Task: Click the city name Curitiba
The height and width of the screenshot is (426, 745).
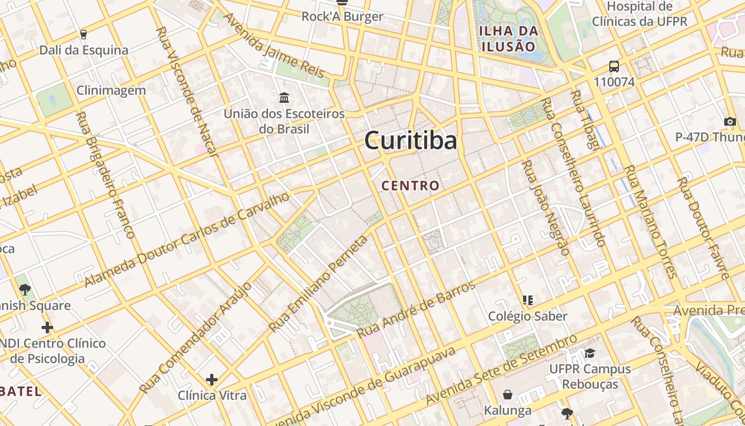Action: point(410,141)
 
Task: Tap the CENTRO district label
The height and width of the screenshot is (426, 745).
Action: point(410,186)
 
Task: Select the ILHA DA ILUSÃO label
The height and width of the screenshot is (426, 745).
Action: point(507,38)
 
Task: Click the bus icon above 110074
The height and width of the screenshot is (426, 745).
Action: point(614,67)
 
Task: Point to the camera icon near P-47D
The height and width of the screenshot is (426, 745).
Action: point(730,121)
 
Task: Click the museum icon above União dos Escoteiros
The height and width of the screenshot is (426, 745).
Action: point(284,98)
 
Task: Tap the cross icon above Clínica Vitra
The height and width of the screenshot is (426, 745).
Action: point(212,380)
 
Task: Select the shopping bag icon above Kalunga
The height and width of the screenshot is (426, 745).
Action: point(508,395)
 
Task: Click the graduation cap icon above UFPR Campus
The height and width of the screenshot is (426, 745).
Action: point(590,354)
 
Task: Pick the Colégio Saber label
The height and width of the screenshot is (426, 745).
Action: point(528,316)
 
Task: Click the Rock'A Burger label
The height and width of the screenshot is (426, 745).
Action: point(342,17)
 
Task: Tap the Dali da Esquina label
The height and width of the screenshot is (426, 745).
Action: point(84,50)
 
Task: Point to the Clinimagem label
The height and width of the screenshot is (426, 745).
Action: point(111,90)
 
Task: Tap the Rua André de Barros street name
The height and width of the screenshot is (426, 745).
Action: point(416,309)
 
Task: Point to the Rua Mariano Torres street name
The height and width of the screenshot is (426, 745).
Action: point(650,222)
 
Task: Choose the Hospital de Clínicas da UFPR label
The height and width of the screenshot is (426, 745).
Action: point(640,14)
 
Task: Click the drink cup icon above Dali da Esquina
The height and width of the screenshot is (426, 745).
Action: point(83,35)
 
